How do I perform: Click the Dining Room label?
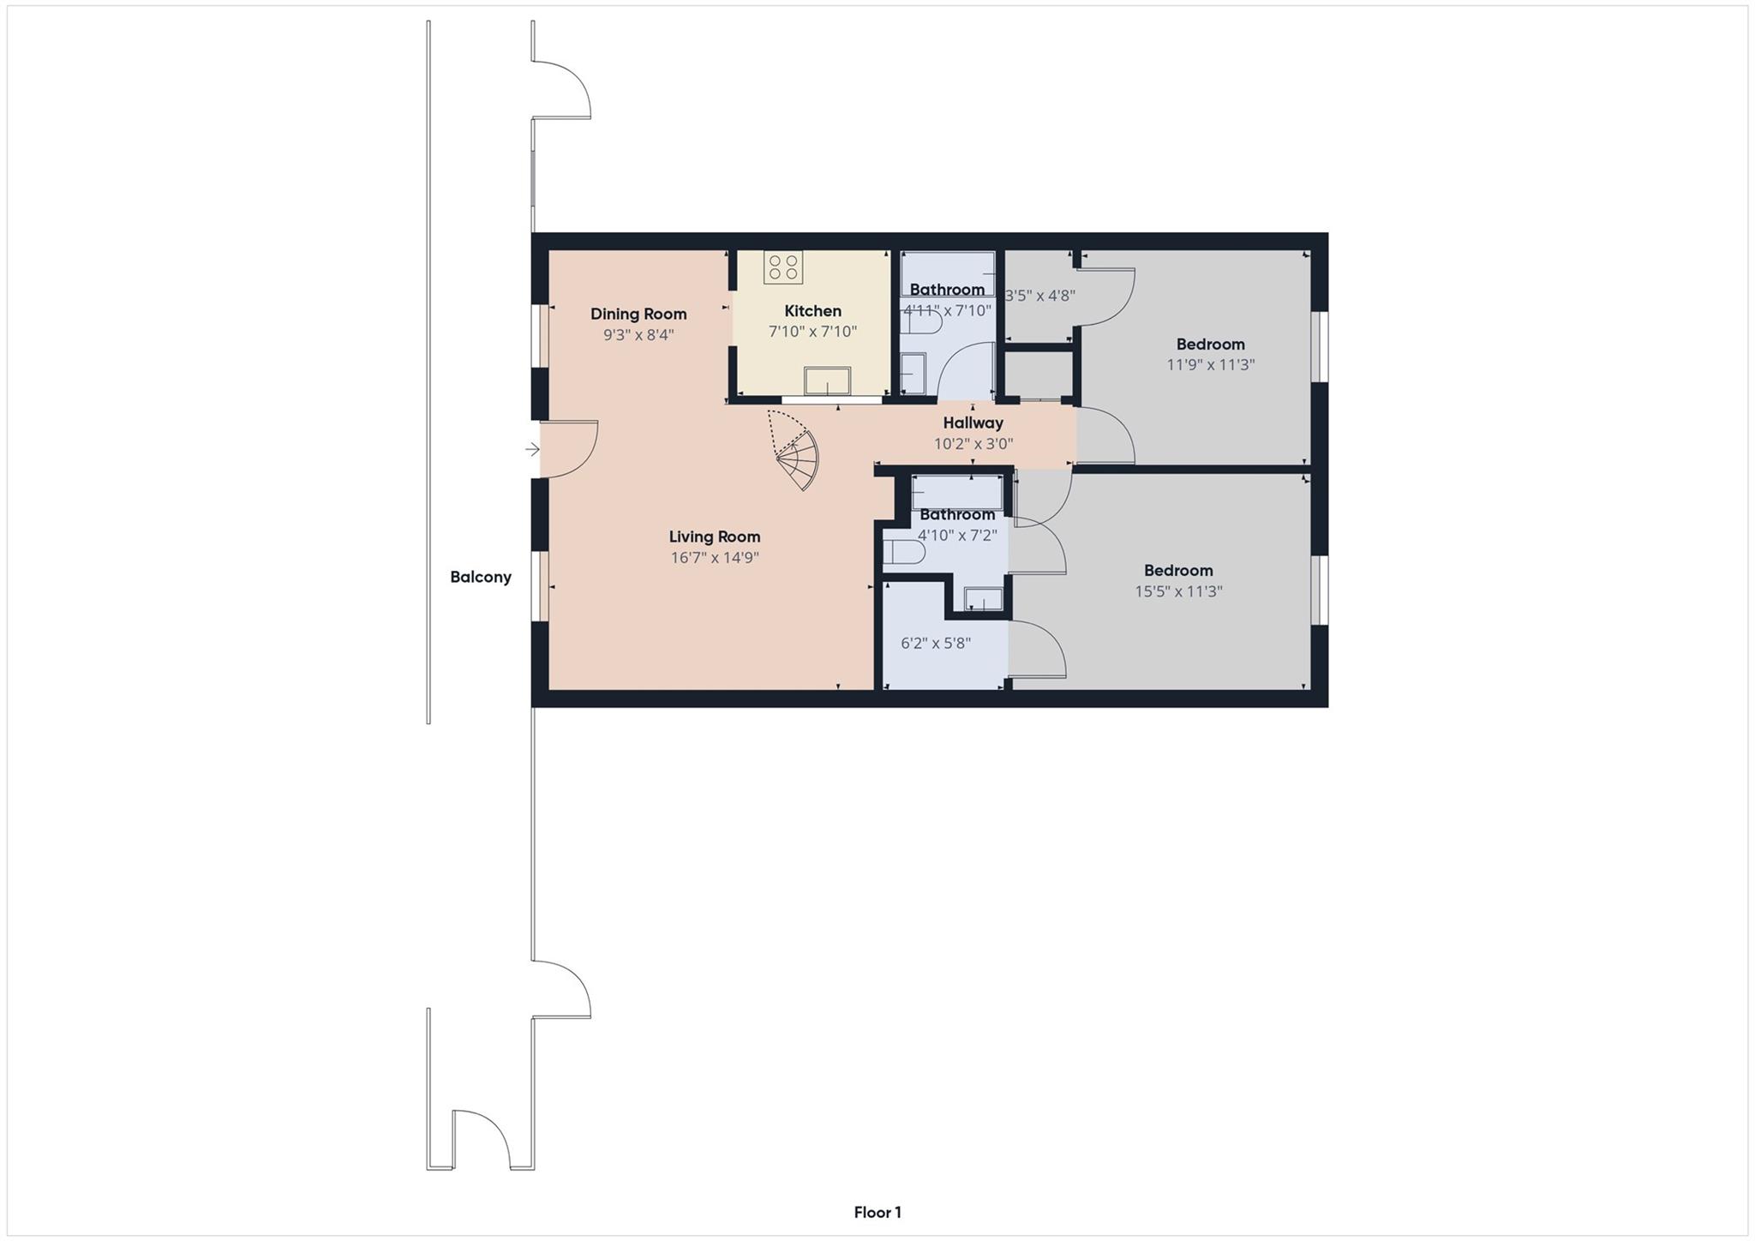(638, 315)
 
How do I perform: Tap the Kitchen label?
(812, 311)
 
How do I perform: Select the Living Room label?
(715, 537)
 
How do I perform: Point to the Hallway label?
(973, 423)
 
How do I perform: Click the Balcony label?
(481, 578)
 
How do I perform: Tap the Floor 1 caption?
(877, 1213)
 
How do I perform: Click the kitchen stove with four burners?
(783, 267)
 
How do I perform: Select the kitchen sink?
(827, 381)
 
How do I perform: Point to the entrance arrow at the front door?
(532, 449)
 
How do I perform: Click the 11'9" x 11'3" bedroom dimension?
(1210, 365)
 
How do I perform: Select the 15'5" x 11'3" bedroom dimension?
(1178, 591)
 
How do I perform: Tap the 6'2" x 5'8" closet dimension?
(936, 644)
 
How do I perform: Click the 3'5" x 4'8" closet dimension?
(1039, 297)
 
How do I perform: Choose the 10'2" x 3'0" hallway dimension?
(973, 444)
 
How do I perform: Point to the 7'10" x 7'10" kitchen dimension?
(812, 332)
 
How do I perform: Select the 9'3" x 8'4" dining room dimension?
(638, 335)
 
